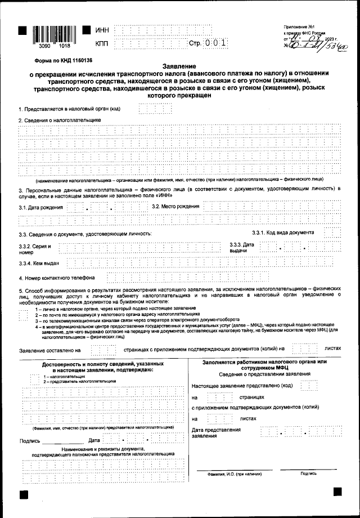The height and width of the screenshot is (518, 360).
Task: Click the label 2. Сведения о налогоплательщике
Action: click(x=59, y=120)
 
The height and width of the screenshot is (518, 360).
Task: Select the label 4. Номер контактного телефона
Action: click(x=56, y=278)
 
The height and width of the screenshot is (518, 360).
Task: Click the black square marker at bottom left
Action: click(x=24, y=494)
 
